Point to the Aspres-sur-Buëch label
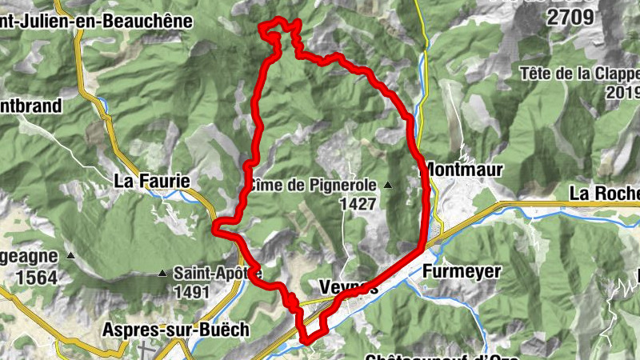[x=165, y=329]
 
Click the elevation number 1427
[x=357, y=204]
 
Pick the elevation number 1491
[x=194, y=292]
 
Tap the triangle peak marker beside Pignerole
[x=388, y=185]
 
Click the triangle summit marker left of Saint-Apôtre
[x=162, y=274]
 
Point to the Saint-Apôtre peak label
[x=218, y=273]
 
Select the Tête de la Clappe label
[x=579, y=74]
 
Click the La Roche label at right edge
[x=604, y=193]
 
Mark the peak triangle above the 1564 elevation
[x=70, y=256]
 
